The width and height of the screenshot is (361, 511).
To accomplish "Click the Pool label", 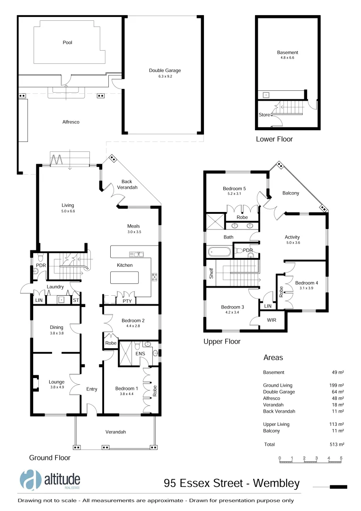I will pos(67,42).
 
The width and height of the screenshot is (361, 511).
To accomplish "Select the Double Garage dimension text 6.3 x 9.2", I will pos(165,76).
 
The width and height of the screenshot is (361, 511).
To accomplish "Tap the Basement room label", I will pos(288,53).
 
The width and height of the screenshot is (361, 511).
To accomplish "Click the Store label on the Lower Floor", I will pos(264,115).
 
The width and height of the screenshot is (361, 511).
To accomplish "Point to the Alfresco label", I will pos(70,122).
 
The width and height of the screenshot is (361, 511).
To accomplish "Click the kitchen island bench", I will pos(125,277).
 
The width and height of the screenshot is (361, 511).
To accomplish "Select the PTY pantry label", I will pos(127,301).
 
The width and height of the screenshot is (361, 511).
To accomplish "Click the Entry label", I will pos(91,389).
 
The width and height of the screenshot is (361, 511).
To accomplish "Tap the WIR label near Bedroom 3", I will pos(271,320).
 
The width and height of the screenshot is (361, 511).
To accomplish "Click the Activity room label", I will pos(292,237).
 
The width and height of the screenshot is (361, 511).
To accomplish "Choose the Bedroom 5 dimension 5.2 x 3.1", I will pos(235,194).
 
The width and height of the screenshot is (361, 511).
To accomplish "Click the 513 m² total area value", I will pos(337,445).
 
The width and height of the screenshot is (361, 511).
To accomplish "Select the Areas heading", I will pos(273,358).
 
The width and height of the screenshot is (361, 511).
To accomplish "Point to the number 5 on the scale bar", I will pos(341,458).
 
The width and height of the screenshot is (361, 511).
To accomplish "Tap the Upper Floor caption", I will pos(221,341).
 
